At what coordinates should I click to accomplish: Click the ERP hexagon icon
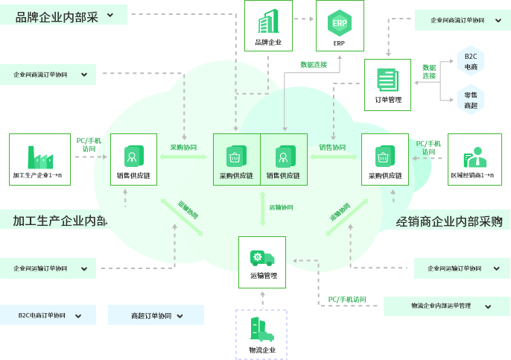tap(340, 22)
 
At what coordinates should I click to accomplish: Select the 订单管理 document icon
tap(387, 79)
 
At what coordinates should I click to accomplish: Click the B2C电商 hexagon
tap(471, 61)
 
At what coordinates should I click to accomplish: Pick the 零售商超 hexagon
tap(471, 100)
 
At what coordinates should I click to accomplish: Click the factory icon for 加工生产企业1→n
tap(39, 155)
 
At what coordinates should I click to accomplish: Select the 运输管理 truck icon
tap(262, 258)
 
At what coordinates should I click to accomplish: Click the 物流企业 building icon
tap(261, 329)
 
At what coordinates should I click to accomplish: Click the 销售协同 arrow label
tap(332, 148)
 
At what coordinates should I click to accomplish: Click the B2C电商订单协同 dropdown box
tap(48, 315)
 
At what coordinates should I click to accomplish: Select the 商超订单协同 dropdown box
tap(156, 315)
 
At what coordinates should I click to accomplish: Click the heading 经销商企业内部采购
tap(449, 221)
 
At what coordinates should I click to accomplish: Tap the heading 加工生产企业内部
tap(60, 221)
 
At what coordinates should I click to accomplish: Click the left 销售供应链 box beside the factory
tap(134, 160)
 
